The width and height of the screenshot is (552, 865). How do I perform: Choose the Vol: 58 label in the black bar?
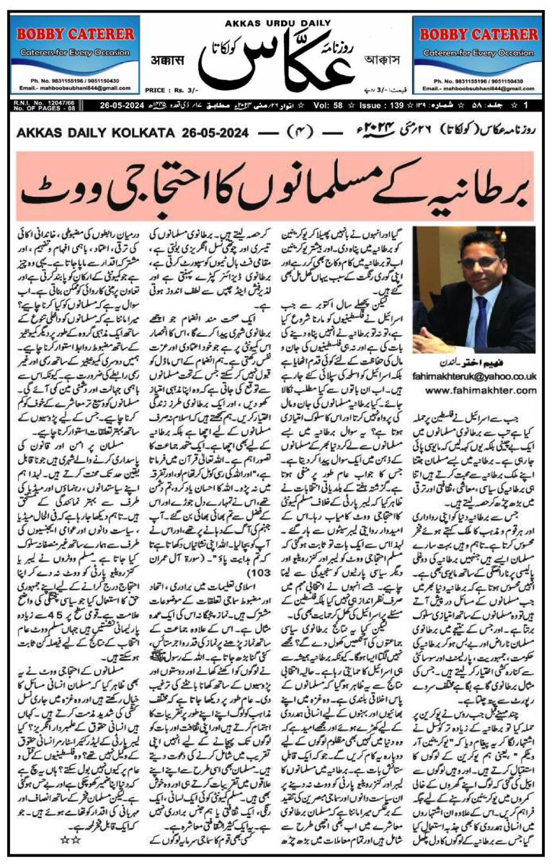click(382, 106)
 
